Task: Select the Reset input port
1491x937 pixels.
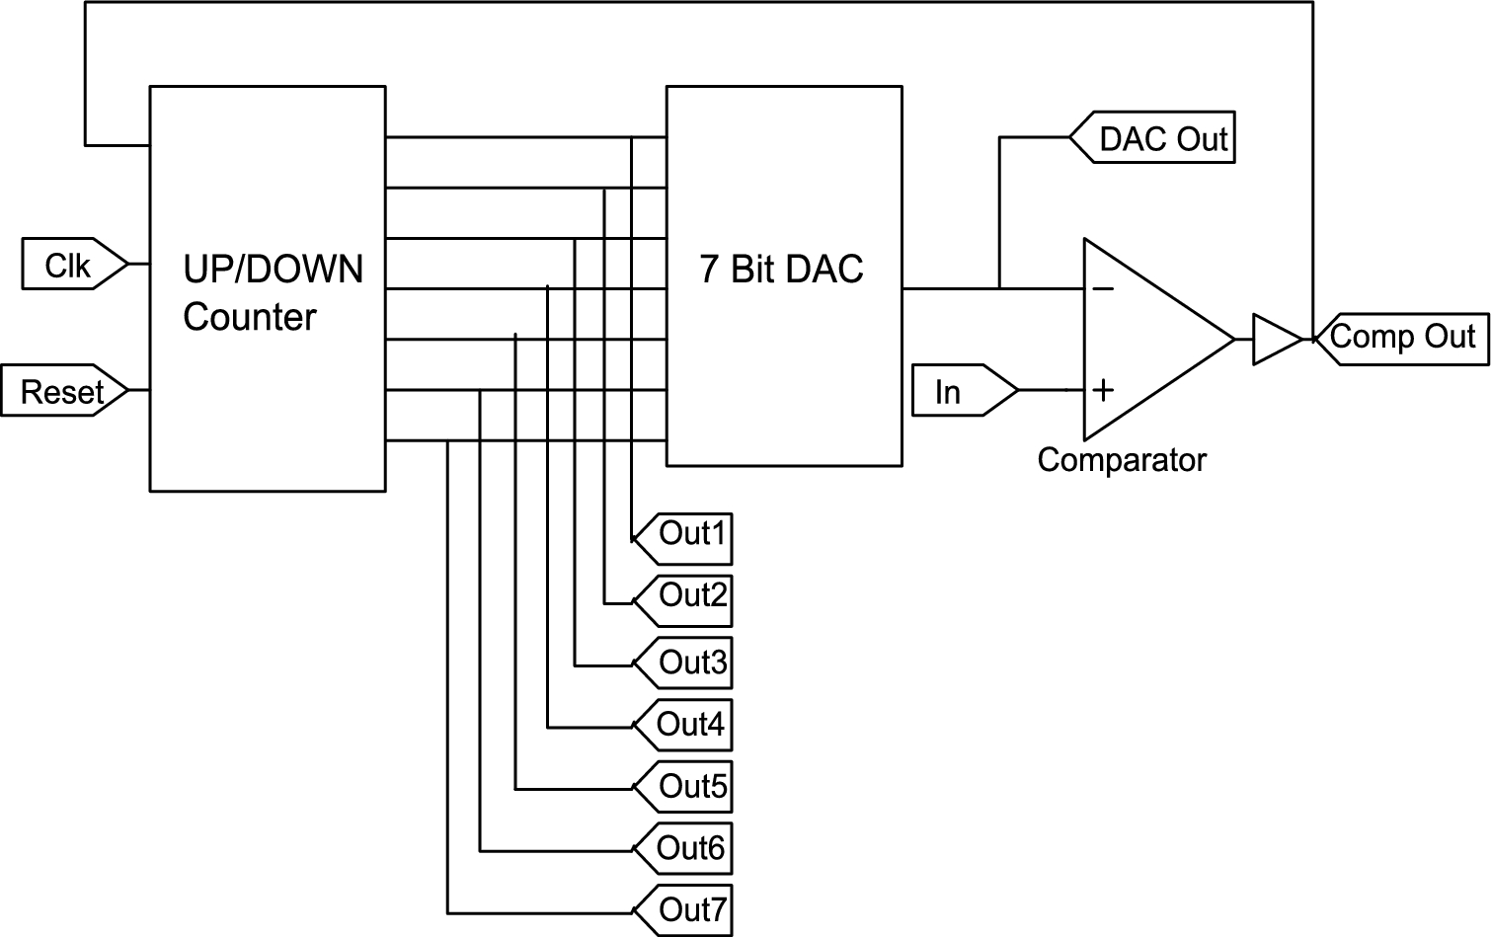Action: click(64, 391)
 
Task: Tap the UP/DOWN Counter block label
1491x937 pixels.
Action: click(273, 292)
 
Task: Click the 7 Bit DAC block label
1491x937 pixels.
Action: click(781, 269)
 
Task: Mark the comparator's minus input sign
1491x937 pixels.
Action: click(1103, 288)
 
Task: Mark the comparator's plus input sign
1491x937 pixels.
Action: click(1103, 390)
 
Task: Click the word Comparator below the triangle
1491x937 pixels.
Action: click(1122, 460)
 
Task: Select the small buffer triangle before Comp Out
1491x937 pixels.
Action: click(1275, 339)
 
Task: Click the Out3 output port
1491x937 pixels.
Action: click(683, 664)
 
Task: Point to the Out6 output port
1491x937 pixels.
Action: click(683, 849)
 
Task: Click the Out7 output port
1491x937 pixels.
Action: click(683, 910)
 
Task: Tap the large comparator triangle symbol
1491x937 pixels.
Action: click(1150, 339)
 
